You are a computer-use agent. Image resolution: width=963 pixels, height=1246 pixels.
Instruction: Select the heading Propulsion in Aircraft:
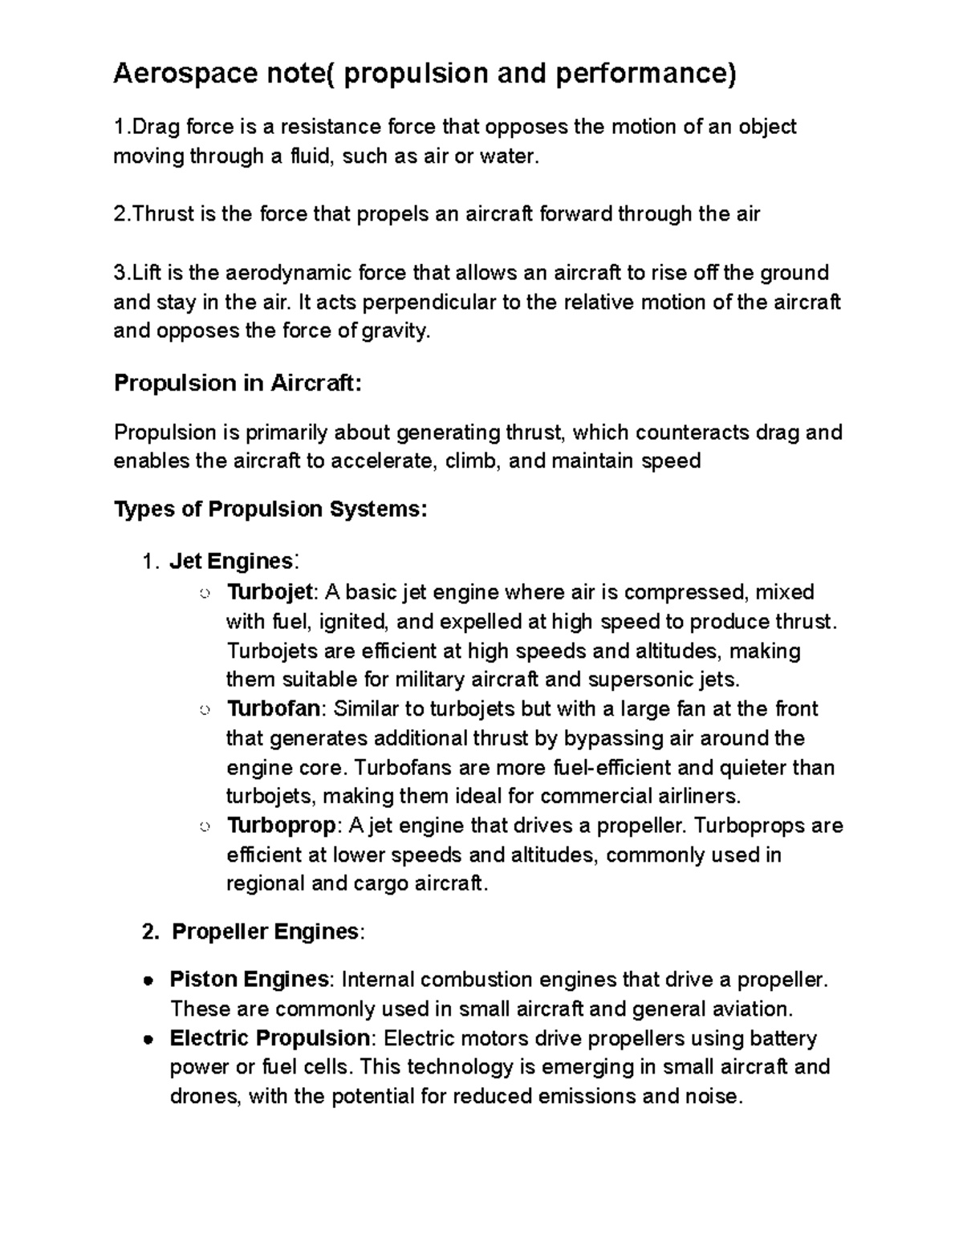[x=238, y=383]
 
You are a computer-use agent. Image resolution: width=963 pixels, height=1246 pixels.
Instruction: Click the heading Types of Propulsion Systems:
[x=271, y=509]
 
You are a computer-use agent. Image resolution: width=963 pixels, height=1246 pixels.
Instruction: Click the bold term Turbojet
[x=269, y=592]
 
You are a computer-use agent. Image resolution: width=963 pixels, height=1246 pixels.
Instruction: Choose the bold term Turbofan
[x=274, y=709]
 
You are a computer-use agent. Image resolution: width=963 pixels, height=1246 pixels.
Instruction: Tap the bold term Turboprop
[x=282, y=826]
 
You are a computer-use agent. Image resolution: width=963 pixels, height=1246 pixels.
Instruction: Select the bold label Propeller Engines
[x=265, y=931]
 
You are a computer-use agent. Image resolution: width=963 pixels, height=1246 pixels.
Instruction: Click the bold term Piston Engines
[x=249, y=980]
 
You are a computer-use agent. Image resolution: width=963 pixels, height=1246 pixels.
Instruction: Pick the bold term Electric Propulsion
[x=269, y=1038]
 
